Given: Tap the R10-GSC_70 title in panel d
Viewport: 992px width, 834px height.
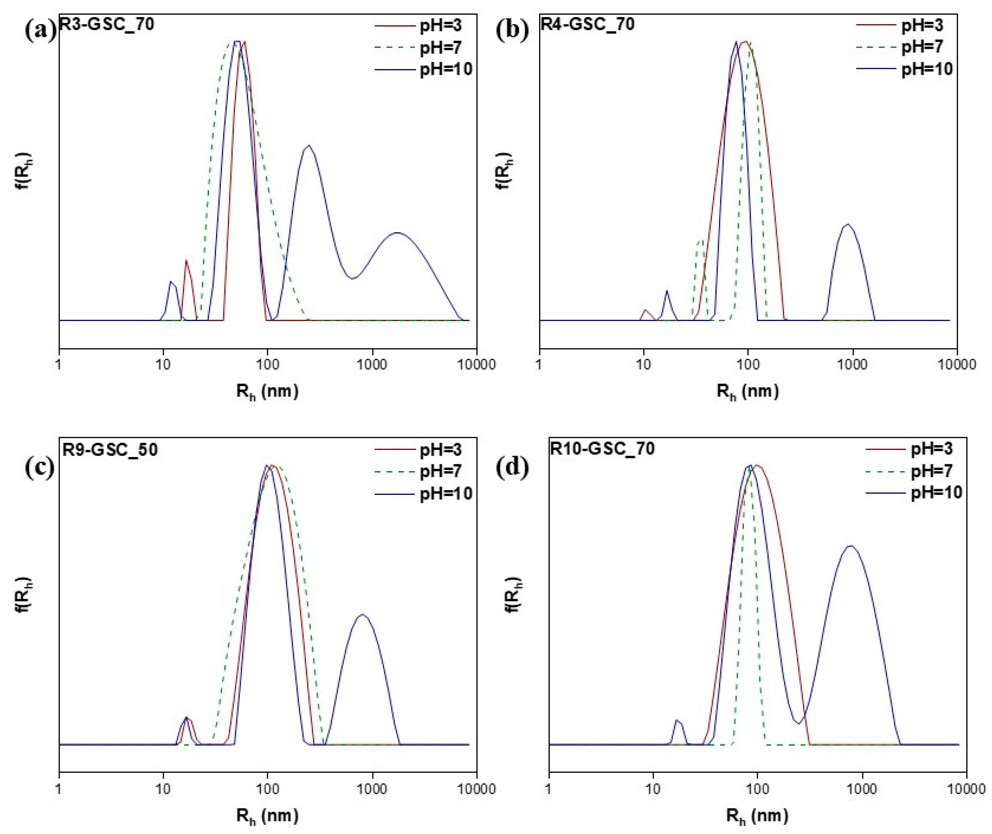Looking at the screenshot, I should coord(602,448).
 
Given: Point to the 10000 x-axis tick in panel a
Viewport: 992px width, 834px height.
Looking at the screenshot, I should coord(476,364).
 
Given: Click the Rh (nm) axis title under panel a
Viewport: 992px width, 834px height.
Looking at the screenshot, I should coord(267,391).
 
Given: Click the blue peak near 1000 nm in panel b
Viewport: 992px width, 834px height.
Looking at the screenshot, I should coord(847,225).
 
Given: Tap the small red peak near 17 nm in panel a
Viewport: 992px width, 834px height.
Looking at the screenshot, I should coord(186,261).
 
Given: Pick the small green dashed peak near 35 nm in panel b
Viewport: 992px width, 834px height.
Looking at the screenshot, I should coord(700,241).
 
